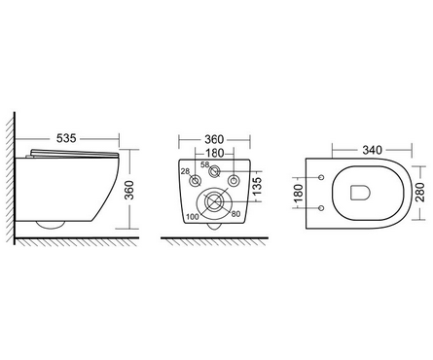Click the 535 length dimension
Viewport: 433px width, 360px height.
[66, 138]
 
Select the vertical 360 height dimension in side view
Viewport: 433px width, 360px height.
[129, 190]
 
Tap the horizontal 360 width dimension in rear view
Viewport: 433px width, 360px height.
[214, 140]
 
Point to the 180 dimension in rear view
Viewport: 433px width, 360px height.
[214, 153]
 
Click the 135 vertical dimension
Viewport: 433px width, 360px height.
[257, 186]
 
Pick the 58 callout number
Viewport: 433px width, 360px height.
[205, 164]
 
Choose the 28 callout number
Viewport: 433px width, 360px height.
[185, 171]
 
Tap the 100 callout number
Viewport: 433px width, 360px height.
[193, 217]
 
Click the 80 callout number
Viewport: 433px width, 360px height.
[235, 214]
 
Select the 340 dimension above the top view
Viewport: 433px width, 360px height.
[373, 150]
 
